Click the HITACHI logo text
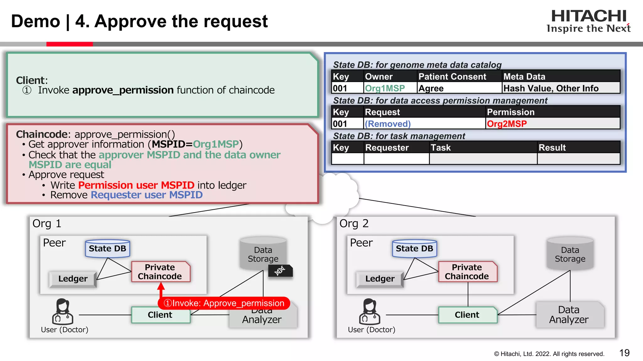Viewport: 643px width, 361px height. tap(589, 16)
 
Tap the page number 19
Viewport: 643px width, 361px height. tap(624, 353)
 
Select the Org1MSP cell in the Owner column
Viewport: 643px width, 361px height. tap(385, 88)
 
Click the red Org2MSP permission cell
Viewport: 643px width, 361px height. tap(507, 124)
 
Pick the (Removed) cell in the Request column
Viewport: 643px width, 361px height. tap(387, 124)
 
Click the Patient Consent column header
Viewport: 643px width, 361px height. tap(452, 76)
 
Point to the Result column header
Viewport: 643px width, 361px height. tap(552, 148)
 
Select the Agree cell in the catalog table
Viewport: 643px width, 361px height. tap(431, 88)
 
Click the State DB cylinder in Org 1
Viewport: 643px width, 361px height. tap(107, 249)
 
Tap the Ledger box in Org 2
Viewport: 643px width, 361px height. tap(380, 279)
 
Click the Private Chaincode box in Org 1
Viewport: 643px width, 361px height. tap(160, 272)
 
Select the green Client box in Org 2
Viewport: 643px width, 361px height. tap(467, 315)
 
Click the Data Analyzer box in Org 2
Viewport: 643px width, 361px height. tap(569, 315)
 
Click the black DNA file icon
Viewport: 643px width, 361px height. tap(280, 271)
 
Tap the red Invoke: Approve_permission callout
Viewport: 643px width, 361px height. tap(224, 303)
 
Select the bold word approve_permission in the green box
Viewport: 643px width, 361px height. tap(123, 90)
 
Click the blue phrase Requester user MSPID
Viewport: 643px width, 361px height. tap(147, 195)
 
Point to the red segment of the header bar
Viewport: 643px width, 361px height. tap(69, 44)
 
